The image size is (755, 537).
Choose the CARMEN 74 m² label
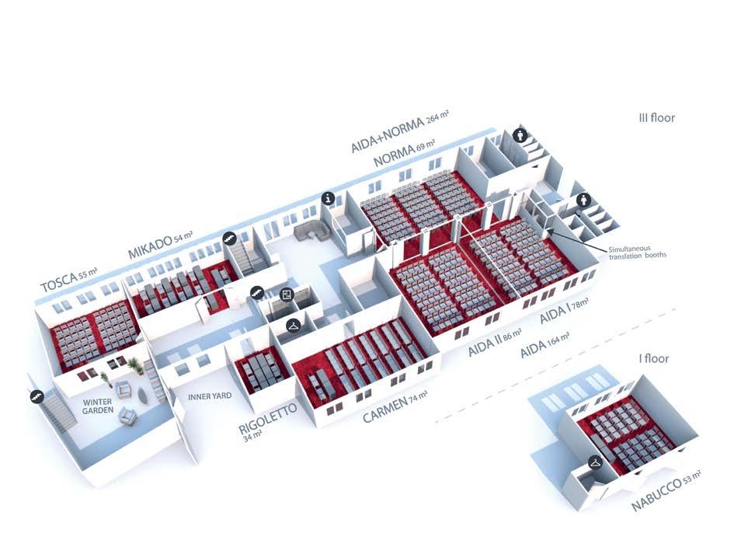396,410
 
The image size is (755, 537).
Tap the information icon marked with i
329,199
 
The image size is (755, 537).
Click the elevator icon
287,295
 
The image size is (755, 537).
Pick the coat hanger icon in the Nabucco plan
595,462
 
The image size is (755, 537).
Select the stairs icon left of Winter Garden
36,396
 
